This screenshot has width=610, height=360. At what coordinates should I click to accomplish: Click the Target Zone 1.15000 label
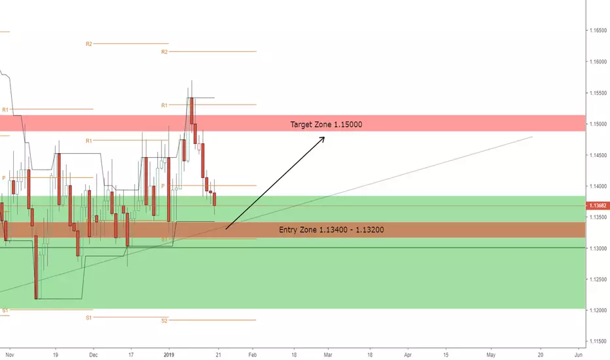coord(326,124)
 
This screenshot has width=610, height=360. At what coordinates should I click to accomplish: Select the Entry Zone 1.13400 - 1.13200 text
coord(331,230)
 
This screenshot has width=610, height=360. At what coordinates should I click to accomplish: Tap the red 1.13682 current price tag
coord(598,206)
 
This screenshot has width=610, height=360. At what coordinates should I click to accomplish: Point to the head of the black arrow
coord(324,137)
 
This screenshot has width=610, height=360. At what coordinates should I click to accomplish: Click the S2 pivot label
coord(164,321)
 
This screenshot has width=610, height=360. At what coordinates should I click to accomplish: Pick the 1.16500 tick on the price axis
coord(598,30)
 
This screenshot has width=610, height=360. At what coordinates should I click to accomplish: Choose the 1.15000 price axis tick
coord(598,124)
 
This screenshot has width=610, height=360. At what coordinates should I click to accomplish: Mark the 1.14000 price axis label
coord(598,187)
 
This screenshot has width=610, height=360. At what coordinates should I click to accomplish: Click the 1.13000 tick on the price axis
coord(598,248)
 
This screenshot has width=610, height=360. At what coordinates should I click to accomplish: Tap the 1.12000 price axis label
coord(598,310)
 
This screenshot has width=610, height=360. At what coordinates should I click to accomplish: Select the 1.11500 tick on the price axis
coord(598,341)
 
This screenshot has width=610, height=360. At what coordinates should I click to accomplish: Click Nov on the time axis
coord(10,355)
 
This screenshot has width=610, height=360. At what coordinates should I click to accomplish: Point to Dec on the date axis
coord(94,355)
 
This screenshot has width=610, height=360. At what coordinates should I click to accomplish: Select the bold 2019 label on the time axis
coord(169,355)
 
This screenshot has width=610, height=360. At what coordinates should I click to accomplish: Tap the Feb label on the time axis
coord(253,355)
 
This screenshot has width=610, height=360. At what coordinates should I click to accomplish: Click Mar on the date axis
coord(328,355)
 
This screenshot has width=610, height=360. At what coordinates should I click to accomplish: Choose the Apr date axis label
coord(408,355)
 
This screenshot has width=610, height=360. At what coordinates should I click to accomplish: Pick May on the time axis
coord(491,355)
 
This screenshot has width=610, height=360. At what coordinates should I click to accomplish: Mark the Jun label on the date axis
coord(579,355)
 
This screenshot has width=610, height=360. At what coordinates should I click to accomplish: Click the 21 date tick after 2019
coord(218,355)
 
